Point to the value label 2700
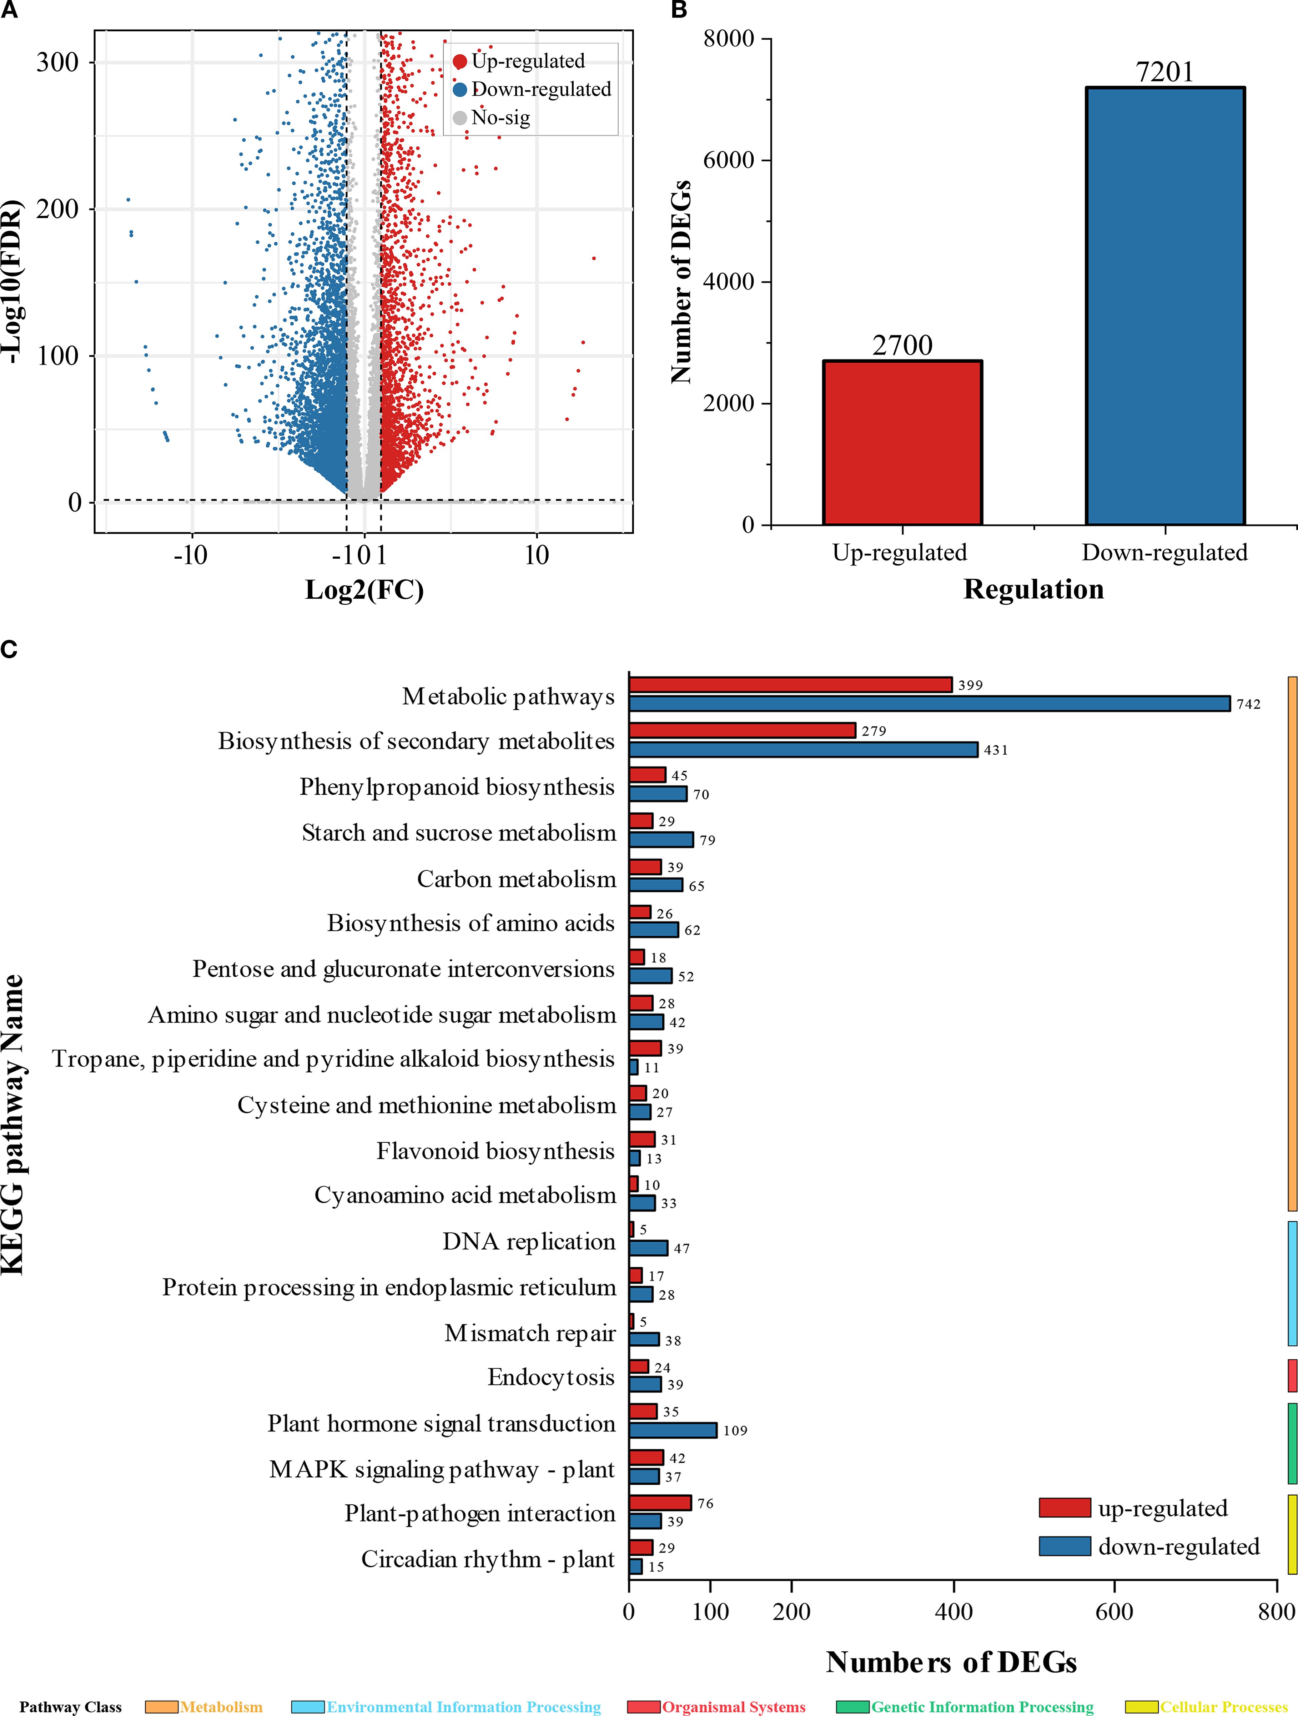[902, 345]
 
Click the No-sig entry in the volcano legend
[500, 118]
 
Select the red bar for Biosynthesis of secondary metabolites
[742, 730]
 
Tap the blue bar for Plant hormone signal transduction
[673, 1430]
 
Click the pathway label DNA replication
[528, 1241]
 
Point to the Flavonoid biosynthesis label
[495, 1151]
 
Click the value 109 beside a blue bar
[735, 1430]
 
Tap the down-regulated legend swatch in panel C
[1065, 1546]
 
